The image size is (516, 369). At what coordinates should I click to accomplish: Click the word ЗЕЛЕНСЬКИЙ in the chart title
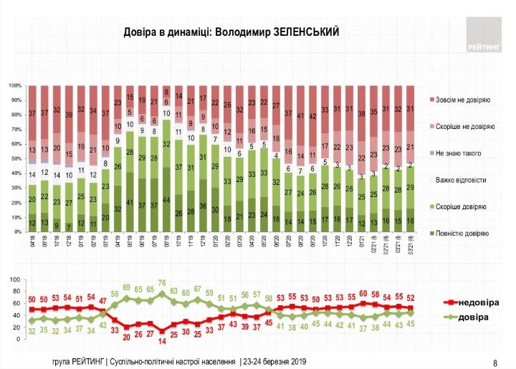(302, 32)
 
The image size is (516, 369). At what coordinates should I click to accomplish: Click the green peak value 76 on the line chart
(163, 282)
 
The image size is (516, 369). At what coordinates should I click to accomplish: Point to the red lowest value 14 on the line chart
(163, 330)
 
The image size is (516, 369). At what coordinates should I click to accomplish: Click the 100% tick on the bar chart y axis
(15, 85)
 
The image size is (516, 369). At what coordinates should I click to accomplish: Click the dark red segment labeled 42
(312, 116)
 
